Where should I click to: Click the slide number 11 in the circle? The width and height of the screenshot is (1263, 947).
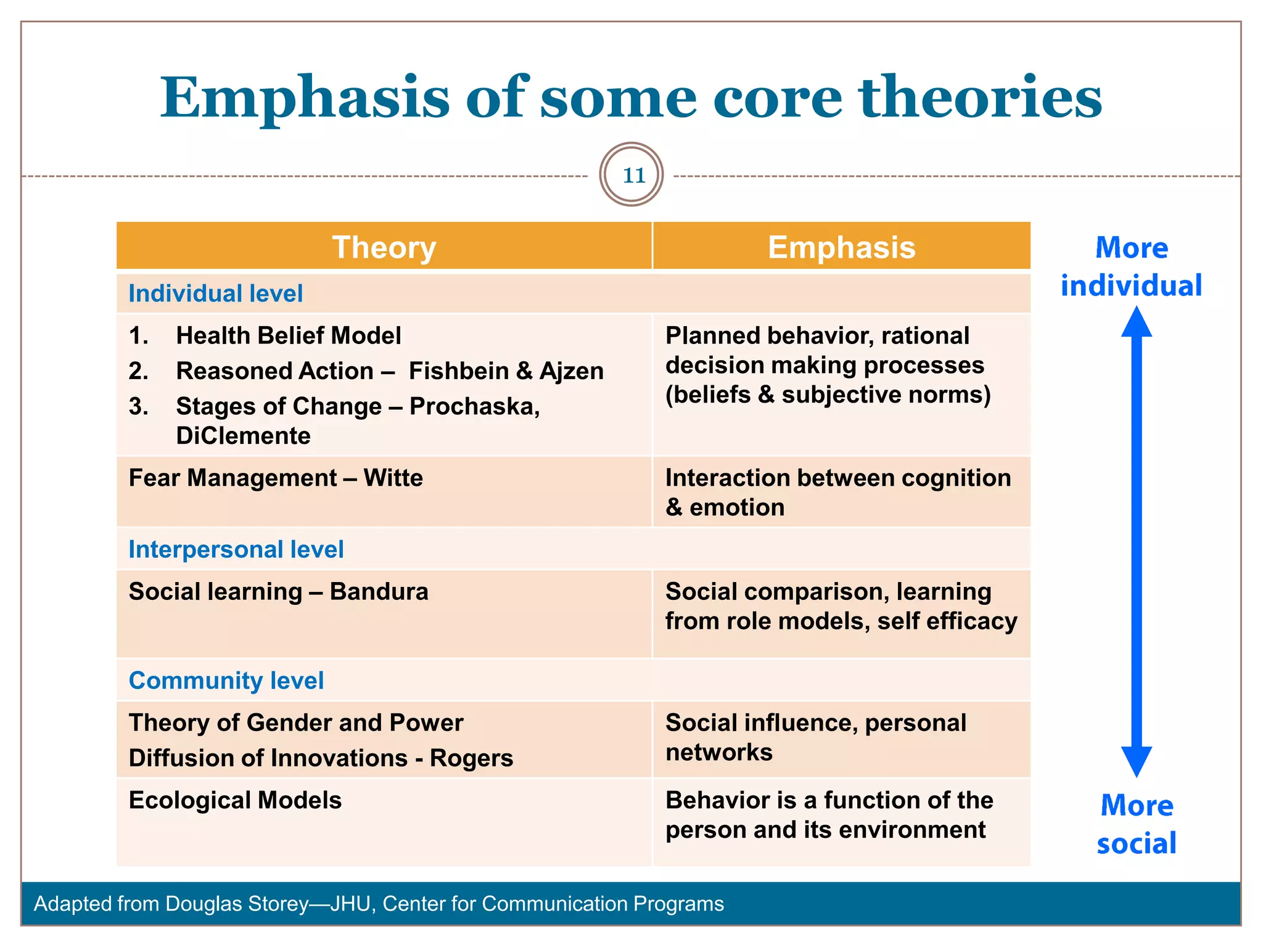point(633,175)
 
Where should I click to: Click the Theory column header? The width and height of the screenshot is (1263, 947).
point(384,247)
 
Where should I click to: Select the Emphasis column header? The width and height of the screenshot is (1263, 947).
point(841,247)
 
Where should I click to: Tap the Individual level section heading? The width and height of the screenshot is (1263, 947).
point(215,293)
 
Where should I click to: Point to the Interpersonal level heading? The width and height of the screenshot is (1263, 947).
point(236,549)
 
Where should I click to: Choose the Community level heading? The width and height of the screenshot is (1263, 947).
point(226,681)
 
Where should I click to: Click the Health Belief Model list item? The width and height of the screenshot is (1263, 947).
point(288,335)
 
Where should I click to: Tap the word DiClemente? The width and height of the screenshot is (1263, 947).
point(243,436)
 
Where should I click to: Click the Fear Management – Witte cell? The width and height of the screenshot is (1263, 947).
point(276,478)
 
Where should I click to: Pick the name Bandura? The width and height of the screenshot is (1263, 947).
point(379,592)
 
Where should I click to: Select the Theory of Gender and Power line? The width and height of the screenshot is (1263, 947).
point(295,723)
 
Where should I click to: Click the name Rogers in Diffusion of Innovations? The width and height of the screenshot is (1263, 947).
point(471,758)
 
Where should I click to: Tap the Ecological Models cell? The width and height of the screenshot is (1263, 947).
point(235,800)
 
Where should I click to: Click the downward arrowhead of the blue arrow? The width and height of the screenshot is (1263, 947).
point(1136,762)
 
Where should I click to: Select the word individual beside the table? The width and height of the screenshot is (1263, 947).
point(1131,285)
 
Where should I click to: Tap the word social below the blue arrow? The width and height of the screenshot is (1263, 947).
point(1136,843)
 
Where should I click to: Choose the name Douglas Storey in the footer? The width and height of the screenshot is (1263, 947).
point(237,904)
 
